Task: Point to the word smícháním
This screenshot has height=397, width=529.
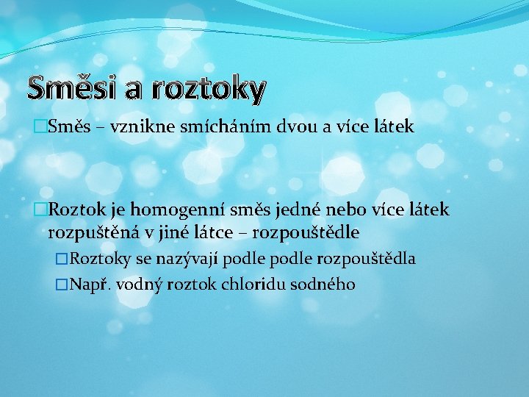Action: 224,127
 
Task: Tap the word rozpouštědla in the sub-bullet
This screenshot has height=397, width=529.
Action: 366,259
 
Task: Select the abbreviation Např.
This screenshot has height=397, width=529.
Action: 90,285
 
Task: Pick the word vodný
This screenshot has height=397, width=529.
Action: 140,285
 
